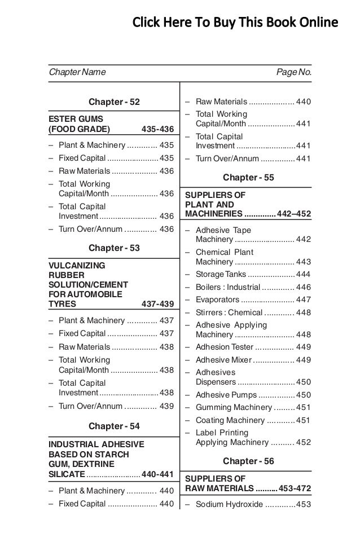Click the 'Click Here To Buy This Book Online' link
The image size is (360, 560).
pos(235,23)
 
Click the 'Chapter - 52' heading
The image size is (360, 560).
pos(115,102)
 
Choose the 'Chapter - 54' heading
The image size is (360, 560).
pos(115,426)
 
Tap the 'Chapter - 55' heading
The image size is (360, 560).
pos(248,177)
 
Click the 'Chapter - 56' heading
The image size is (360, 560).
pos(248,461)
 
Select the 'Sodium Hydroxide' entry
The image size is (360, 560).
pos(229,504)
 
